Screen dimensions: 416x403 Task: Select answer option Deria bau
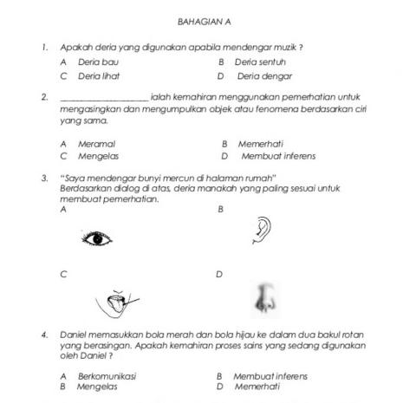98,62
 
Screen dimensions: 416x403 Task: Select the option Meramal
96,144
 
